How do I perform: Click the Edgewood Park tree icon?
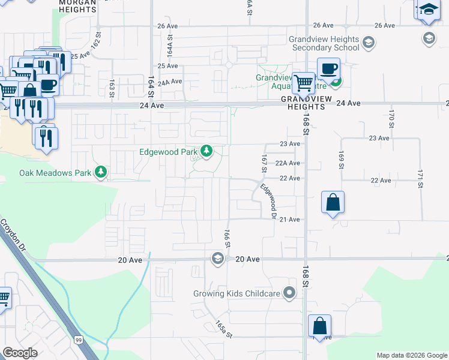206,151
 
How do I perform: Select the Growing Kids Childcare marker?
290,293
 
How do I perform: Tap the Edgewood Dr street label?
268,201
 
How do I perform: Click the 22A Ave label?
288,163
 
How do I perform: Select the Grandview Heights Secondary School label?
324,43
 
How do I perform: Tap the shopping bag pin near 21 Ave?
333,203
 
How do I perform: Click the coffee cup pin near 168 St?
328,70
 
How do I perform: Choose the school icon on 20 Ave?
217,258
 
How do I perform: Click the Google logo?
20,353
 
